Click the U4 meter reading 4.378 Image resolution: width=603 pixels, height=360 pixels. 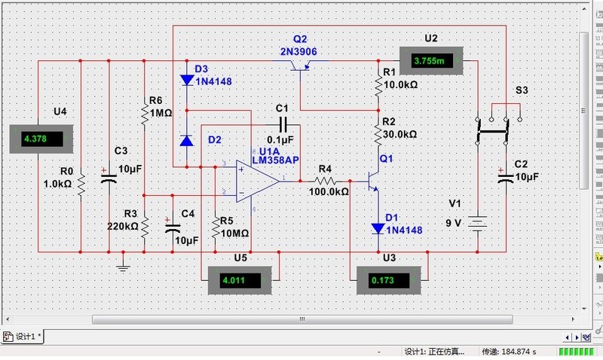[43, 139]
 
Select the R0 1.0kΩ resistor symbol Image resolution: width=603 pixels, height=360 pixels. [81, 184]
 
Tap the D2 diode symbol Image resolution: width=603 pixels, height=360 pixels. [187, 140]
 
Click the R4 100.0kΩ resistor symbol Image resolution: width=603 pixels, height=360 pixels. [325, 181]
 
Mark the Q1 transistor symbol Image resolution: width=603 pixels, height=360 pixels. [372, 181]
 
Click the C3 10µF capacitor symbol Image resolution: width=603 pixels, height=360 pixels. [109, 178]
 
